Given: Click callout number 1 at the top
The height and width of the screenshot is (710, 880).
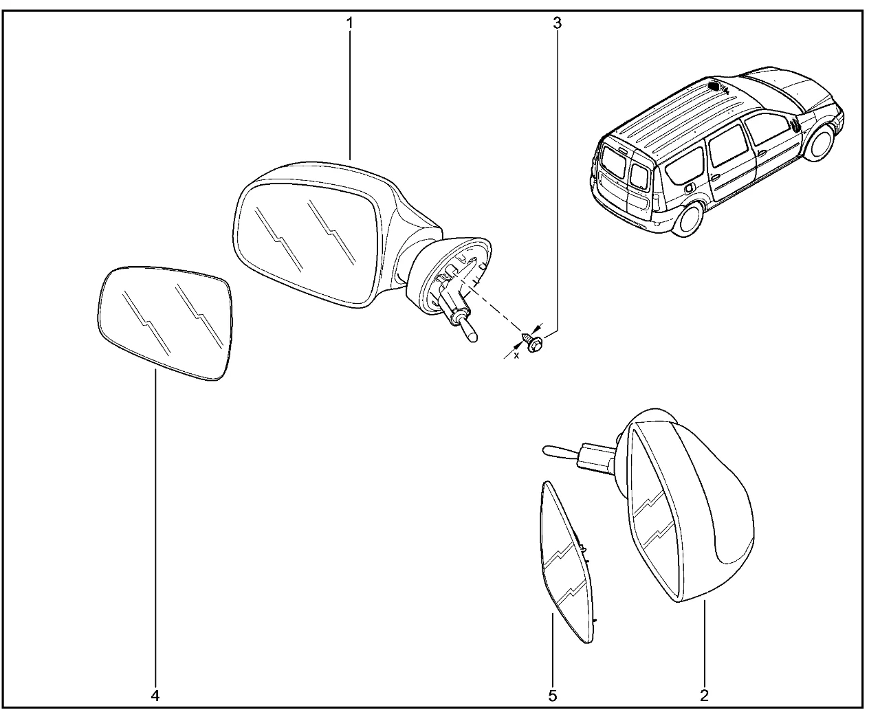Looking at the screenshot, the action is coord(349,23).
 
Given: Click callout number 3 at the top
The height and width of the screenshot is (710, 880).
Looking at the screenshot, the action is coord(558,23).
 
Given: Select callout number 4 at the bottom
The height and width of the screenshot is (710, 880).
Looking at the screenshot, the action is coord(155,696).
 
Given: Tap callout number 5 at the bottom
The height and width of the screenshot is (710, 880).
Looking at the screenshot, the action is coord(552,696).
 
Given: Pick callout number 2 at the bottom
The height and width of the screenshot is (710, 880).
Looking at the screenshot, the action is coord(705,696).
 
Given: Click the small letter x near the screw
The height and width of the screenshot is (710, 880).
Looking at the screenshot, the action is coord(516,355).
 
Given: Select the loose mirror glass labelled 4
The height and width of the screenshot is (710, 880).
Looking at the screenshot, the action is coord(165,322).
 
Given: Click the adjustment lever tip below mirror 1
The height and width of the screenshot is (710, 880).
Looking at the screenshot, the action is coord(470,336).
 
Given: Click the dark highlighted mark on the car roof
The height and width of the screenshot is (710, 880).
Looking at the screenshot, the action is coord(714,86).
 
